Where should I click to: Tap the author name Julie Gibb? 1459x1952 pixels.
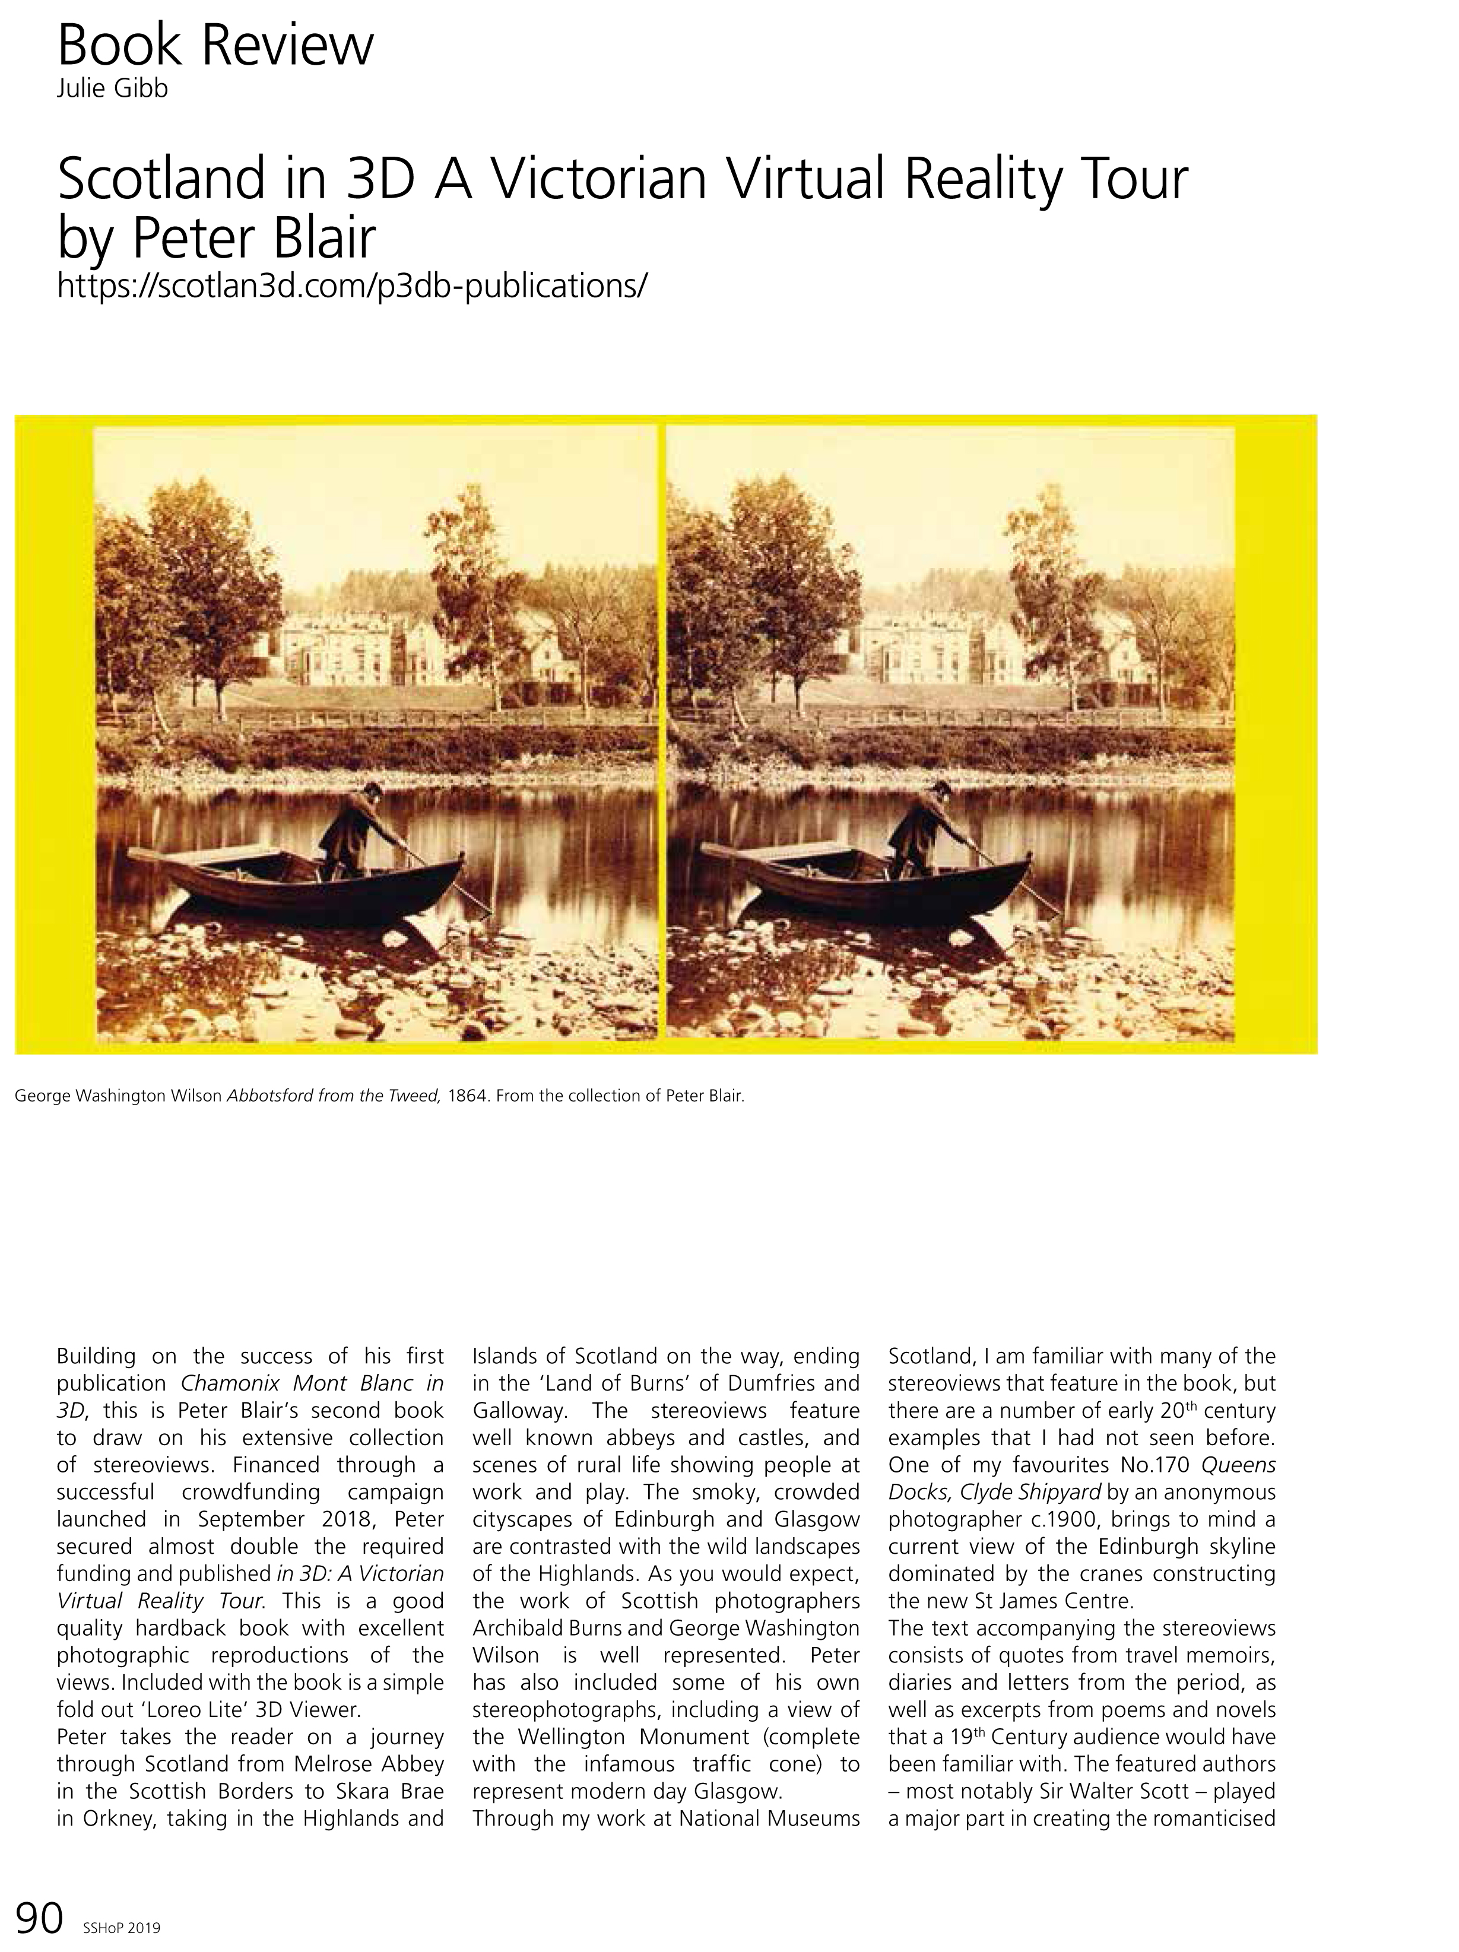(112, 89)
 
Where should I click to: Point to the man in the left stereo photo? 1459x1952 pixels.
(355, 830)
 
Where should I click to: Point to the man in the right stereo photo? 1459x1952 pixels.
(925, 830)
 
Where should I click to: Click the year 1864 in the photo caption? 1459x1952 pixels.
(468, 1097)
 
